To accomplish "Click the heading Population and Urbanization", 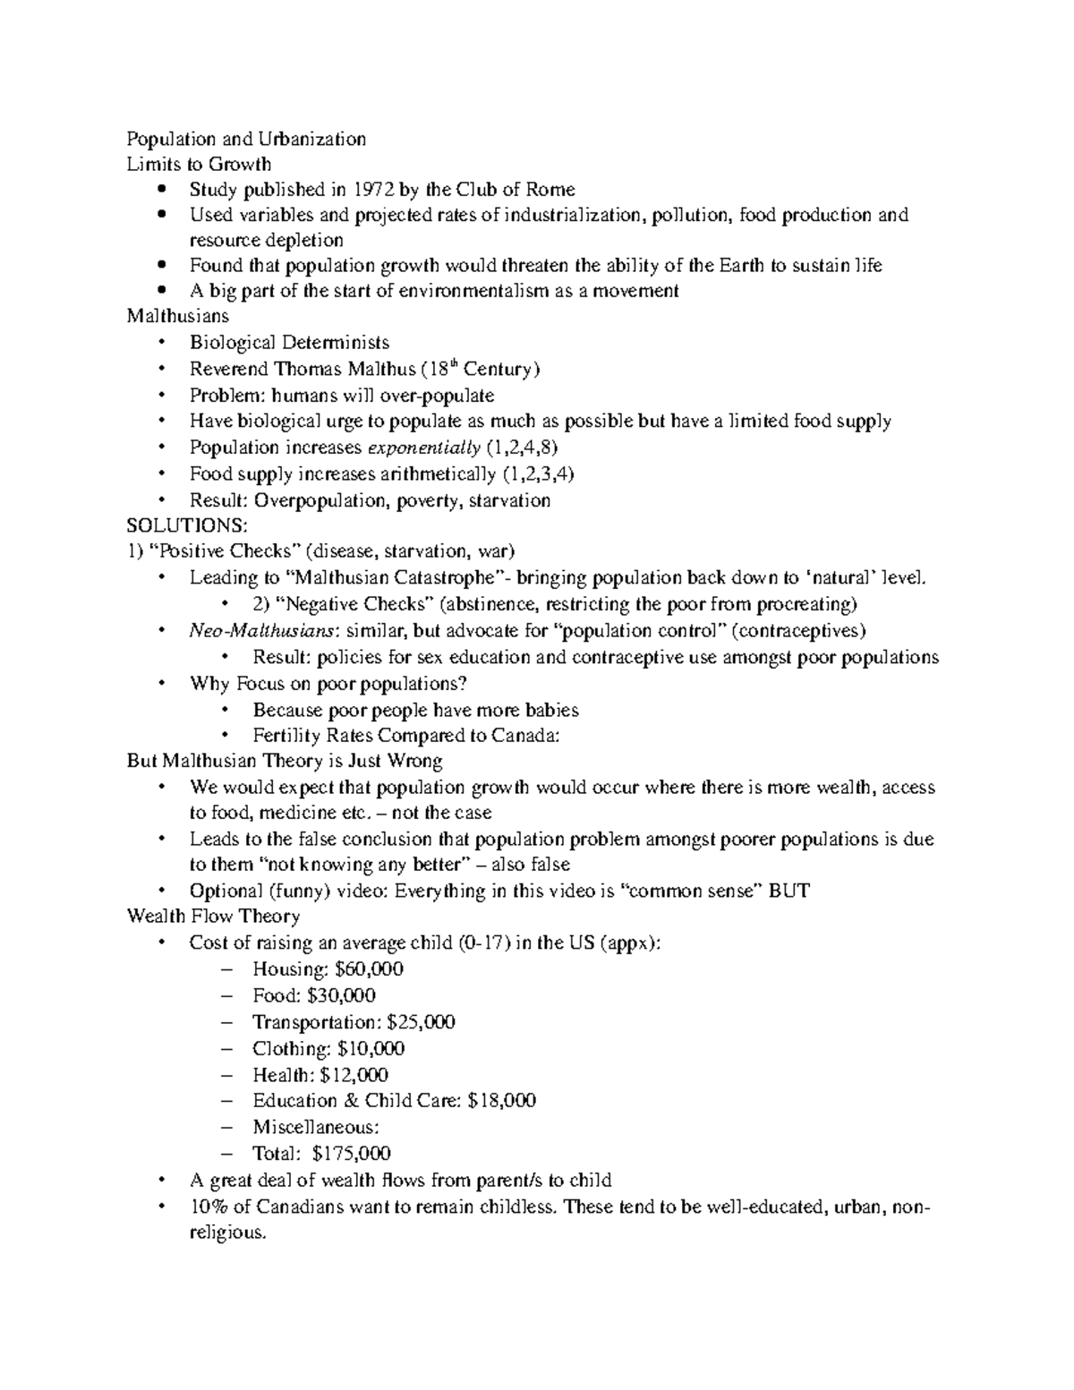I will click(246, 139).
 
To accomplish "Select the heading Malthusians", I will click(177, 316).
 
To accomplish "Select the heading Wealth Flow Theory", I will click(213, 917).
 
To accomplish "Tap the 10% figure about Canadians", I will click(208, 1207).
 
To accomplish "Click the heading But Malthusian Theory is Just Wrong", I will click(285, 762).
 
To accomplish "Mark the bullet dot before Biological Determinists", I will click(161, 343).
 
